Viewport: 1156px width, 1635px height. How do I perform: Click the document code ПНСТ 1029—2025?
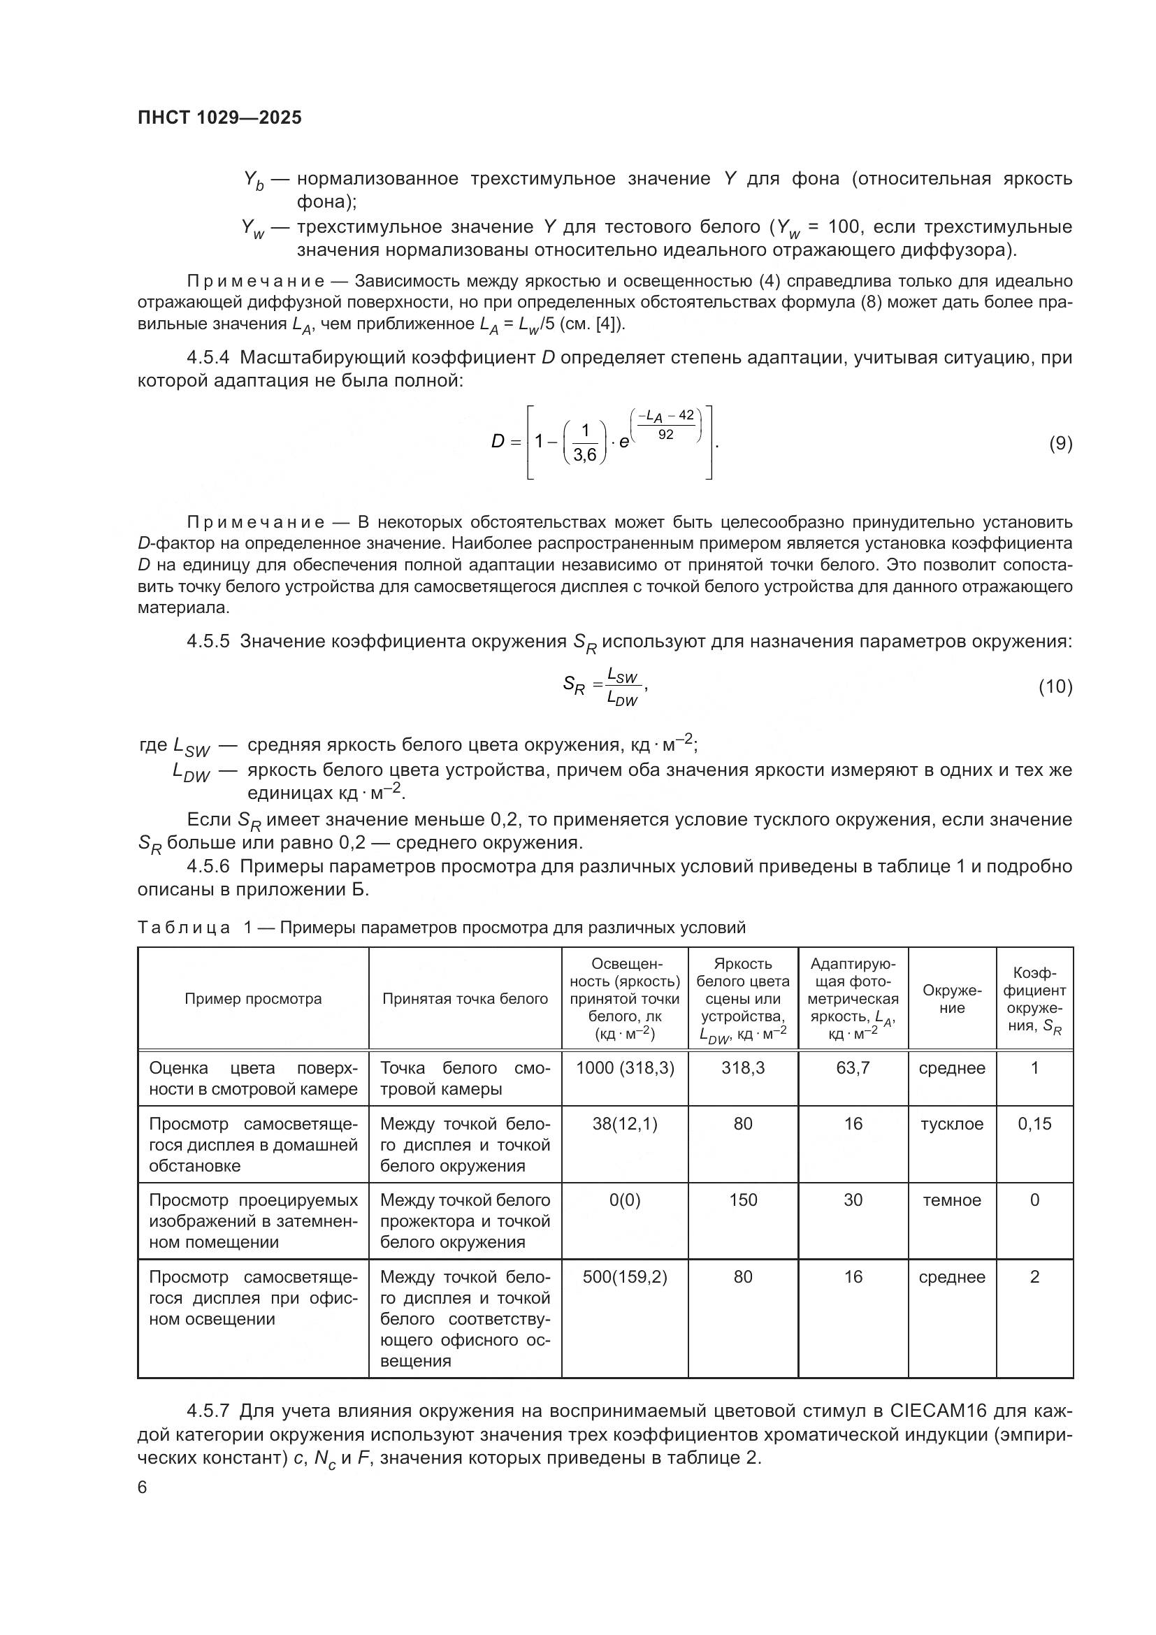pyautogui.click(x=219, y=118)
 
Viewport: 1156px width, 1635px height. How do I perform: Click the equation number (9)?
pyautogui.click(x=1060, y=444)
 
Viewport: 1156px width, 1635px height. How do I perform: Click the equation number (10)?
pyautogui.click(x=1055, y=686)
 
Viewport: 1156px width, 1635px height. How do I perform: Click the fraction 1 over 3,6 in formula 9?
pyautogui.click(x=584, y=443)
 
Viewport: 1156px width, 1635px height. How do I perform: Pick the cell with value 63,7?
pyautogui.click(x=853, y=1068)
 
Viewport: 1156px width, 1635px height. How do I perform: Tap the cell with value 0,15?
pyautogui.click(x=1034, y=1124)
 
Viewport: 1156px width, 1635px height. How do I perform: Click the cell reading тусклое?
pyautogui.click(x=952, y=1124)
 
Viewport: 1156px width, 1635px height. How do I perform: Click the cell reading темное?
pyautogui.click(x=952, y=1200)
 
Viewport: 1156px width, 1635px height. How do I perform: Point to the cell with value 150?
pyautogui.click(x=742, y=1200)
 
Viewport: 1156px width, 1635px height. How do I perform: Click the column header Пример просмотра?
pyautogui.click(x=253, y=998)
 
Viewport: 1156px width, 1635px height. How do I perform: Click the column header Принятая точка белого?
pyautogui.click(x=465, y=998)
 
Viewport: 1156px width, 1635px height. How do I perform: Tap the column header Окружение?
pyautogui.click(x=952, y=998)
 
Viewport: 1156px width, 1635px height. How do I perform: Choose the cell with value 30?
pyautogui.click(x=853, y=1200)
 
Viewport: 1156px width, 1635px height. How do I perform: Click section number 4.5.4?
pyautogui.click(x=208, y=357)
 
